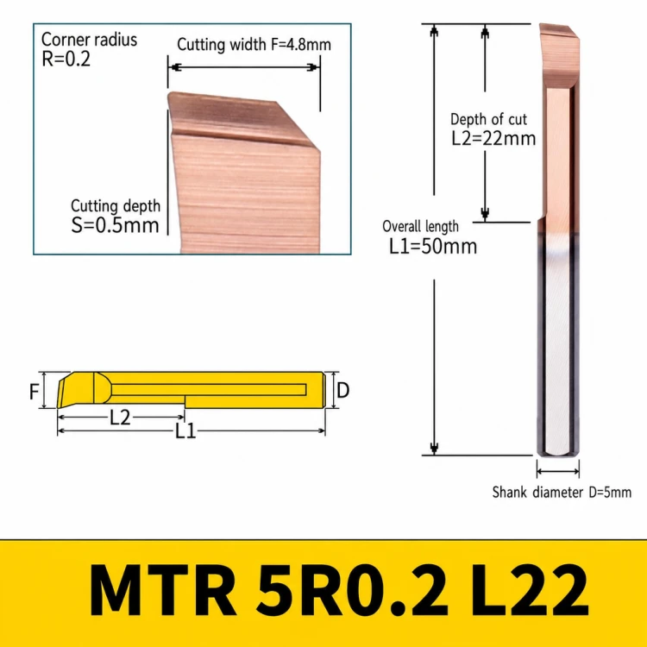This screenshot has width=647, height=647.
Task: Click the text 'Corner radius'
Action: click(x=89, y=40)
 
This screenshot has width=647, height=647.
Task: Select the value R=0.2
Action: click(x=66, y=59)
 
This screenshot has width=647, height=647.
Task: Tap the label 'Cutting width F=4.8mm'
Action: click(x=254, y=45)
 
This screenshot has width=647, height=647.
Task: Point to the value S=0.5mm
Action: click(x=115, y=225)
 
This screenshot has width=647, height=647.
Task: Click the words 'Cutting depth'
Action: click(x=116, y=206)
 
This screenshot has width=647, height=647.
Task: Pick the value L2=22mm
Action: click(x=493, y=138)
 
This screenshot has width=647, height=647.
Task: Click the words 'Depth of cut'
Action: click(x=488, y=119)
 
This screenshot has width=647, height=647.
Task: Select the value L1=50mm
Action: click(x=433, y=247)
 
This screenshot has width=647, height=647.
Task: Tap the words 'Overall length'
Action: click(x=420, y=227)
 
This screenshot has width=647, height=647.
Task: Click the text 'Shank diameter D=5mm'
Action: click(x=562, y=493)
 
